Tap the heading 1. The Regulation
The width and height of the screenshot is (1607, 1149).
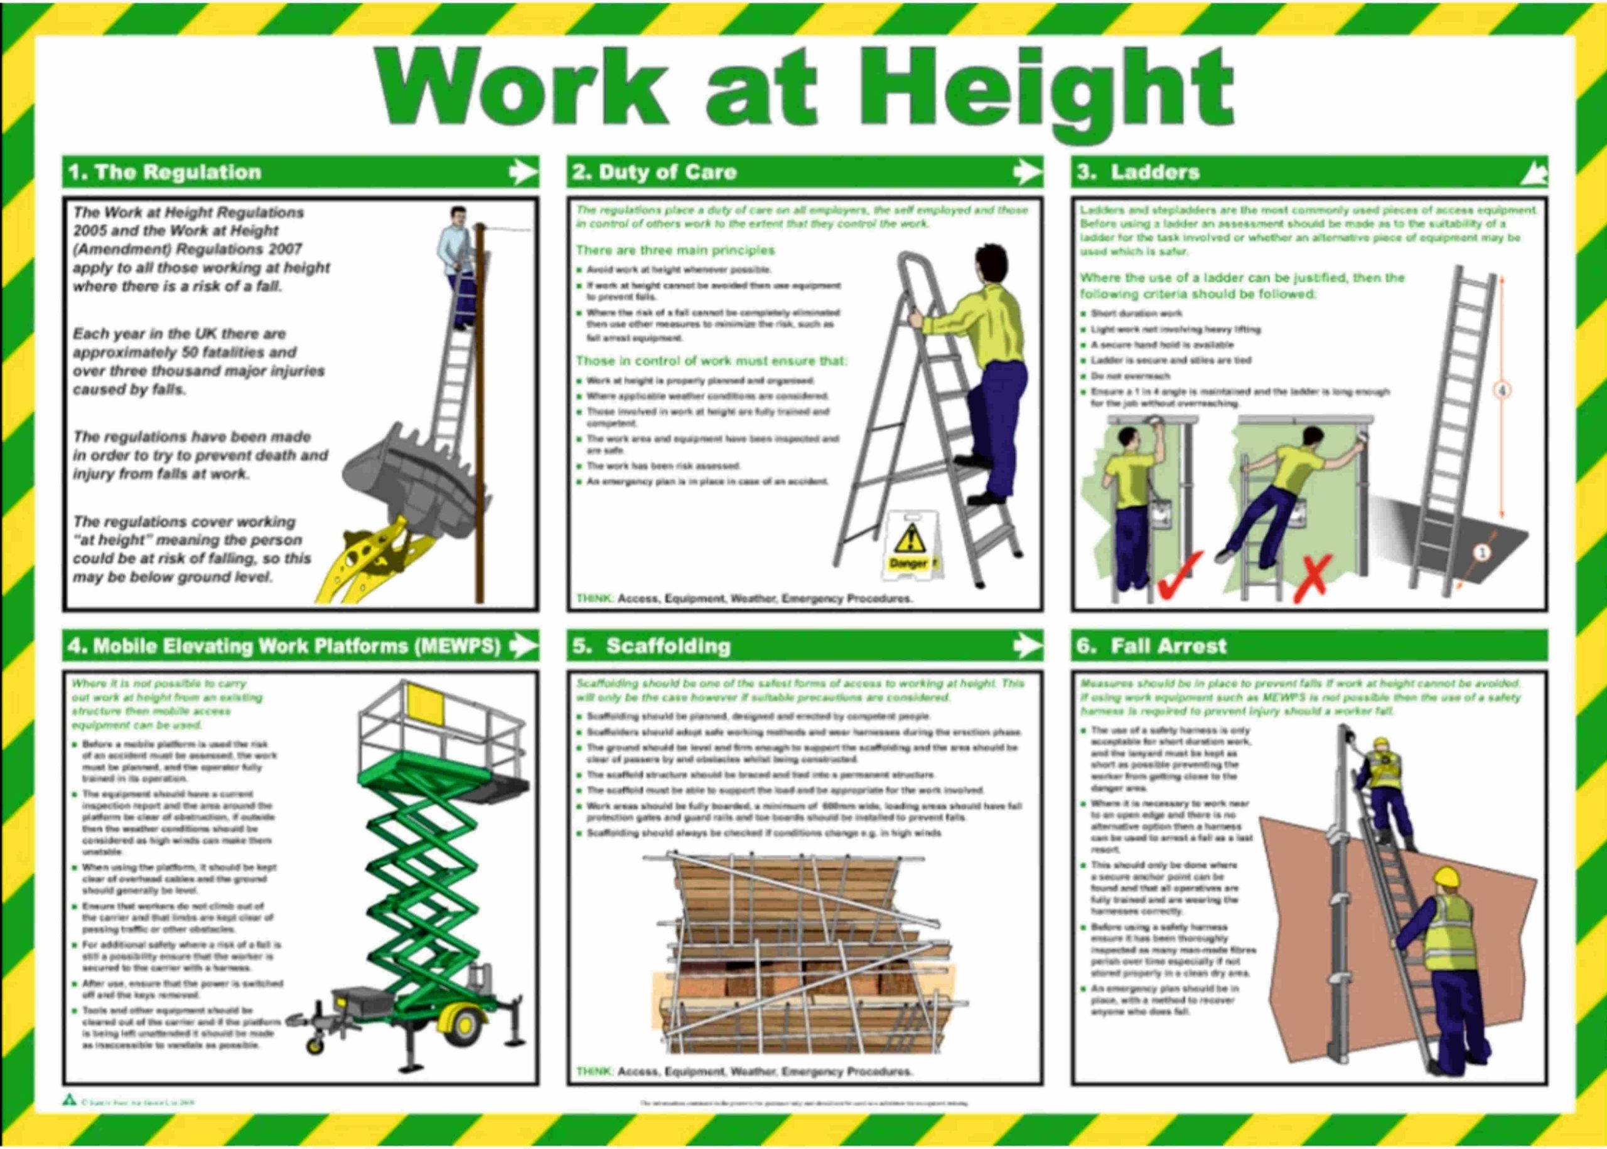[x=164, y=172]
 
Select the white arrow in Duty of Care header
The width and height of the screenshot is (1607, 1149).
[x=1027, y=171]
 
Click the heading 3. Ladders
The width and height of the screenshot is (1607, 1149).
[x=1137, y=172]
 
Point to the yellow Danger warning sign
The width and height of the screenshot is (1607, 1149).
[x=910, y=546]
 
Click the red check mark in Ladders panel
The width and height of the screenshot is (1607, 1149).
[x=1180, y=574]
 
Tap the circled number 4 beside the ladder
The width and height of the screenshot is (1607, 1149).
[x=1502, y=390]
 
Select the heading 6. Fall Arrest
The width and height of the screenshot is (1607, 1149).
[x=1151, y=645]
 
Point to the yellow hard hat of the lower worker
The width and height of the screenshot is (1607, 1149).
[x=1446, y=878]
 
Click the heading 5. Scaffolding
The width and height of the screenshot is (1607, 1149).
[x=652, y=645]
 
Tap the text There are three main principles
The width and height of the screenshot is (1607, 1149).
[x=675, y=250]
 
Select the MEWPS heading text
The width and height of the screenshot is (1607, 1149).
[x=284, y=645]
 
